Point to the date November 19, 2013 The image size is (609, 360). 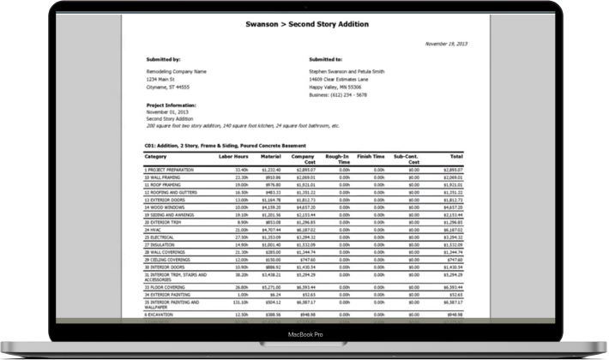pos(447,42)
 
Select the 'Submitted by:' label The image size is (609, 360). pos(163,60)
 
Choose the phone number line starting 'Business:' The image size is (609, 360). pos(338,95)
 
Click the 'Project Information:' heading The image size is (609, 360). pos(172,105)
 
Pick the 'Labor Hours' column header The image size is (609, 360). pos(232,157)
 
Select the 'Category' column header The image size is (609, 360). pos(155,157)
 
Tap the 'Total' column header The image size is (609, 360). pos(456,157)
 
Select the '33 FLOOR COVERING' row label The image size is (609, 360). pos(166,287)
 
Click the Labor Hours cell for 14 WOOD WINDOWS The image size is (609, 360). pos(242,207)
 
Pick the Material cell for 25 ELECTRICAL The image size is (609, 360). pos(272,237)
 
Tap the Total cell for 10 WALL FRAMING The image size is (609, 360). pos(453,177)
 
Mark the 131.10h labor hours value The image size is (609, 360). pos(240,302)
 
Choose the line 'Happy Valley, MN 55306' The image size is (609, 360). pos(335,87)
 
